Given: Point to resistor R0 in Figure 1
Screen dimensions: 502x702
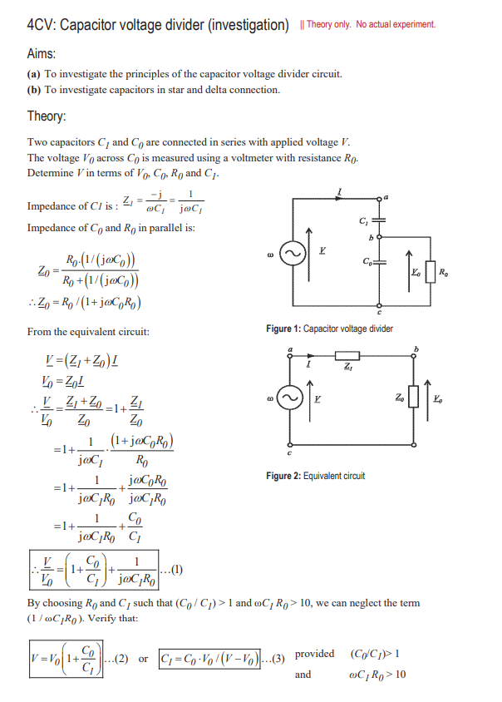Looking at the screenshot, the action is [430, 272].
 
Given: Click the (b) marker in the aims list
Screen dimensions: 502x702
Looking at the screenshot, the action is [35, 90].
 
